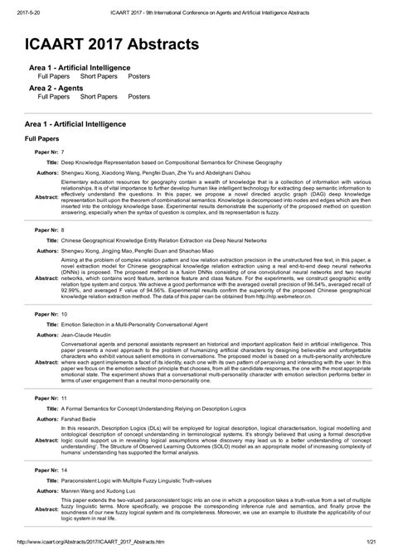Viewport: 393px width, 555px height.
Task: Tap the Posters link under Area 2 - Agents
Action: [140, 96]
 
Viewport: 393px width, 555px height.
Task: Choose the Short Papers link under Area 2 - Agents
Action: [98, 96]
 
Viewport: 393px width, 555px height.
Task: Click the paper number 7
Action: [64, 154]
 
